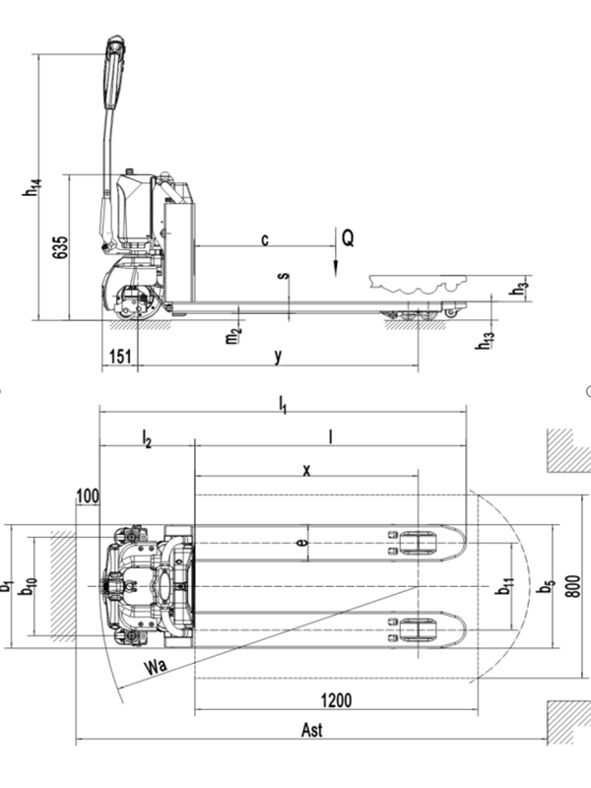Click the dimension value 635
60,246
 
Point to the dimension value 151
118,357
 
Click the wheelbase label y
279,357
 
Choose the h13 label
485,340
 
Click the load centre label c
264,239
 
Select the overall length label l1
283,402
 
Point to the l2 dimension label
146,436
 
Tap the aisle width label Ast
311,731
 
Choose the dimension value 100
87,495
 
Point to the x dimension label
306,471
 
